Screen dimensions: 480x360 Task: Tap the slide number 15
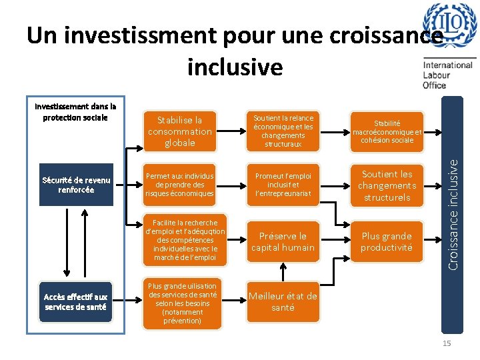(x=447, y=343)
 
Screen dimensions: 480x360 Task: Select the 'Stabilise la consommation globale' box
(x=180, y=131)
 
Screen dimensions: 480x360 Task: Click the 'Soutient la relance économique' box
(x=283, y=131)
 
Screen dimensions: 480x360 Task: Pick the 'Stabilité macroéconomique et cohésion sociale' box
(x=387, y=131)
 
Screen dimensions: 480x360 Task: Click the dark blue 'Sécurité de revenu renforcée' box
(x=77, y=185)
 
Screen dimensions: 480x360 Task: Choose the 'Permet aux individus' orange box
(x=180, y=185)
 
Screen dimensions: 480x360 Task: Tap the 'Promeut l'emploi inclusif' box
(x=283, y=185)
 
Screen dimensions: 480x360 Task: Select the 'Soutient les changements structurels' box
(x=387, y=185)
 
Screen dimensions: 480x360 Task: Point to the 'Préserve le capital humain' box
(x=283, y=241)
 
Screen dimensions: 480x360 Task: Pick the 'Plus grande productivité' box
(x=387, y=241)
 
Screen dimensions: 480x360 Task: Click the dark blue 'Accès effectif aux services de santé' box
(x=76, y=302)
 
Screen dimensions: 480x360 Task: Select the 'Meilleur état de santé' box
(x=283, y=301)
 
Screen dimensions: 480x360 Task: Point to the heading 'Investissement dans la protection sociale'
(x=75, y=111)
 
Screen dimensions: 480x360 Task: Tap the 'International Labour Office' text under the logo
(x=447, y=75)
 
